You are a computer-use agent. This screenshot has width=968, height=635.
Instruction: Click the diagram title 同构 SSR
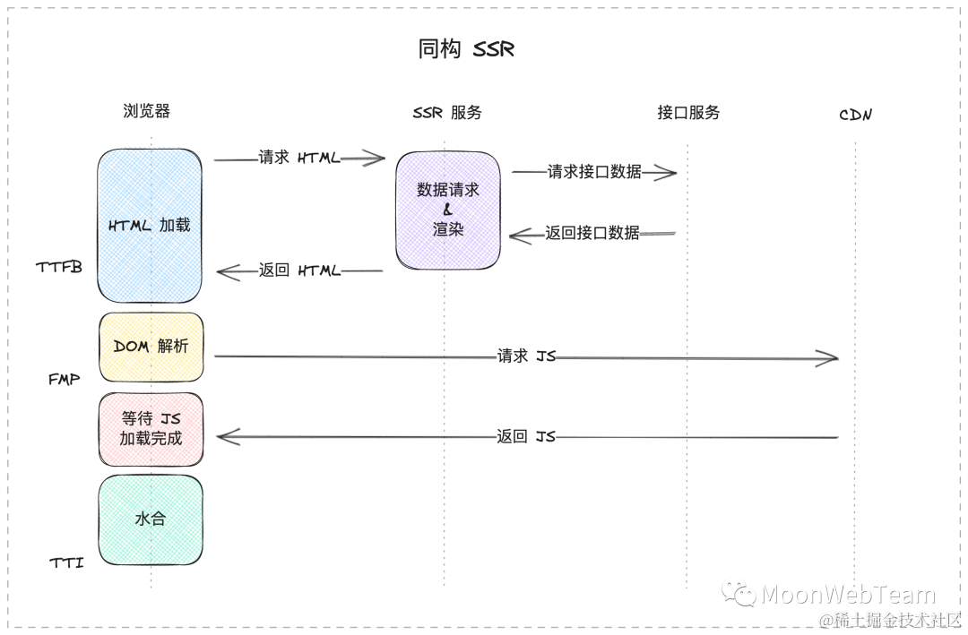(466, 49)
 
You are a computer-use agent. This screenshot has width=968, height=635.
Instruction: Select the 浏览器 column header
(147, 111)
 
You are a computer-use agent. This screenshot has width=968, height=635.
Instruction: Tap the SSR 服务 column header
(447, 113)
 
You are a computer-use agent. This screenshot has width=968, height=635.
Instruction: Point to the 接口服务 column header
(688, 113)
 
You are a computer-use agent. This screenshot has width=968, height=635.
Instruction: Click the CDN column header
(855, 115)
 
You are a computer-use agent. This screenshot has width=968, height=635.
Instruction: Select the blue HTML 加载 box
(150, 225)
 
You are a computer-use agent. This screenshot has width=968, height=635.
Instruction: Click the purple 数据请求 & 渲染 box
(448, 210)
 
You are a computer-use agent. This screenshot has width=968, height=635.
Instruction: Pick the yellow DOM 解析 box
(151, 347)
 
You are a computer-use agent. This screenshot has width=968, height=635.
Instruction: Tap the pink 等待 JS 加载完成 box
(151, 429)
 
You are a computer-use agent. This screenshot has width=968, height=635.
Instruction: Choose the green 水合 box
(151, 519)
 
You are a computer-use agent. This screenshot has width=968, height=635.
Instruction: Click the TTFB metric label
(59, 267)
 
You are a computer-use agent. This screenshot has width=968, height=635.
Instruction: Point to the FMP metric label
(65, 380)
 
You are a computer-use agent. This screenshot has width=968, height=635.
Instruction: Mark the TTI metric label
(66, 563)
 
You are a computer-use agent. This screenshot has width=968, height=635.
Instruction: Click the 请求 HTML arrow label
(299, 158)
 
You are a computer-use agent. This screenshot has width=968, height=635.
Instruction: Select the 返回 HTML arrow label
(299, 270)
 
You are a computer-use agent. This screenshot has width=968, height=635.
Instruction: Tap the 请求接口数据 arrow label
(594, 172)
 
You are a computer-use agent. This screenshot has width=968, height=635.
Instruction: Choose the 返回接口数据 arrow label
(592, 233)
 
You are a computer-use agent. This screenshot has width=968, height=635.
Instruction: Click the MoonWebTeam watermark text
(847, 595)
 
